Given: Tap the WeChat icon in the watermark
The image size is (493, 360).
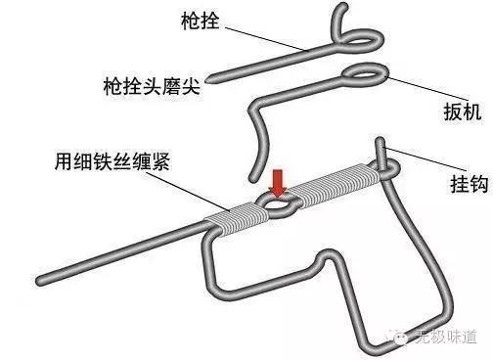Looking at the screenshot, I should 403,336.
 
